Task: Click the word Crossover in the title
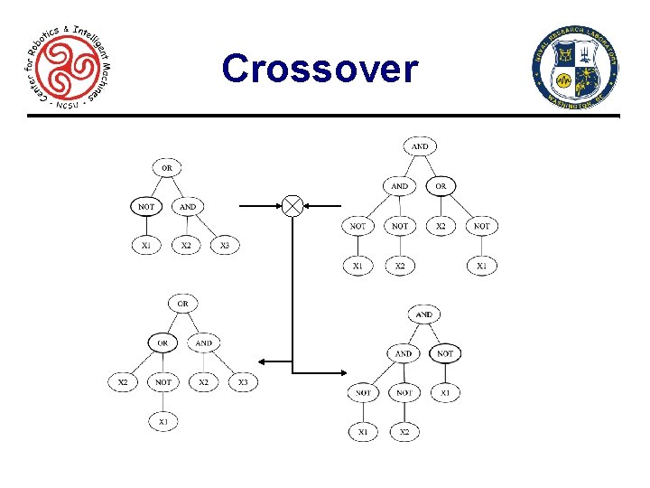320,68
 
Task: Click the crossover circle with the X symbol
292,206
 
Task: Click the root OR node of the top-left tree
166,167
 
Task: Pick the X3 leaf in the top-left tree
225,245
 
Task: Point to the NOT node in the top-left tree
145,206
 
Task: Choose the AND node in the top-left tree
187,206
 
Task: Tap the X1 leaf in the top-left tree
145,245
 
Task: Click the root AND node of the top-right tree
420,146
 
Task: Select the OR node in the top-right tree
441,186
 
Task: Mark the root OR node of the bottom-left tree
182,304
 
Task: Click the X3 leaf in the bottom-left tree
243,382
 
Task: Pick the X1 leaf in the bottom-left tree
162,422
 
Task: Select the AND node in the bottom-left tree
204,343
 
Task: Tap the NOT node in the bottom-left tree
162,382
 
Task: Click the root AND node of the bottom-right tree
423,314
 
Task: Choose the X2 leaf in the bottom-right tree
404,432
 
